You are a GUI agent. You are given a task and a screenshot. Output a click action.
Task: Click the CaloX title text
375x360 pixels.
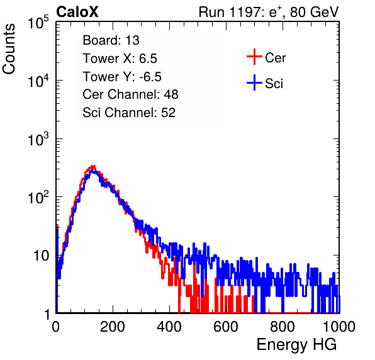(77, 12)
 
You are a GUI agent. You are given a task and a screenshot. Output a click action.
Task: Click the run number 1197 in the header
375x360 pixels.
(244, 12)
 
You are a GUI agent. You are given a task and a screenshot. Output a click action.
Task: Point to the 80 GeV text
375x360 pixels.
(315, 12)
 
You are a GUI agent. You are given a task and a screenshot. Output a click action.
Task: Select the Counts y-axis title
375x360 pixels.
(9, 49)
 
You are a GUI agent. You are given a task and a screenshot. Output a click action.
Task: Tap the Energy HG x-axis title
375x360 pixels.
(296, 345)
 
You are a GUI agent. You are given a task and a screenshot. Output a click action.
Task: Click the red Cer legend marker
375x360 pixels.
(254, 57)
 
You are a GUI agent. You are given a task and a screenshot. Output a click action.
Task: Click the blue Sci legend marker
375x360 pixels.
(254, 83)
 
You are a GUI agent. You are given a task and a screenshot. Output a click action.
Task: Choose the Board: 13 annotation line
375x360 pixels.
(111, 40)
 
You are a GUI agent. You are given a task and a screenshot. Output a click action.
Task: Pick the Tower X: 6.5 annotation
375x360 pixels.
(120, 59)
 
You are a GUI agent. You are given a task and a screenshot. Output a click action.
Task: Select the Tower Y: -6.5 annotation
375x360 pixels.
(122, 77)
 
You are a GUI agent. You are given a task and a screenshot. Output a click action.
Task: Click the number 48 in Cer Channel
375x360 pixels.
(171, 94)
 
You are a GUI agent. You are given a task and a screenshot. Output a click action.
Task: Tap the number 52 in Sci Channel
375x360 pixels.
(168, 113)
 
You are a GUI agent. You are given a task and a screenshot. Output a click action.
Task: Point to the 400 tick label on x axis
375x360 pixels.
(169, 327)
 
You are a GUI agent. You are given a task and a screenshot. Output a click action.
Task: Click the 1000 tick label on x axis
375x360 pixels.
(339, 327)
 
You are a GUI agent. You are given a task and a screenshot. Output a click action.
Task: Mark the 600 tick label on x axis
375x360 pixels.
(226, 327)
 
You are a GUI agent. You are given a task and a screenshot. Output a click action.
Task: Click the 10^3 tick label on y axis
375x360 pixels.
(38, 139)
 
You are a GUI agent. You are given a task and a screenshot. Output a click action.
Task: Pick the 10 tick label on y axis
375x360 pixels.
(42, 256)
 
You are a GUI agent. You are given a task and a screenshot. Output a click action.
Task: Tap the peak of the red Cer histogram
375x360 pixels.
(92, 166)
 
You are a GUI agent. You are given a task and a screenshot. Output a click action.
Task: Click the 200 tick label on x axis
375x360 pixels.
(113, 327)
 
